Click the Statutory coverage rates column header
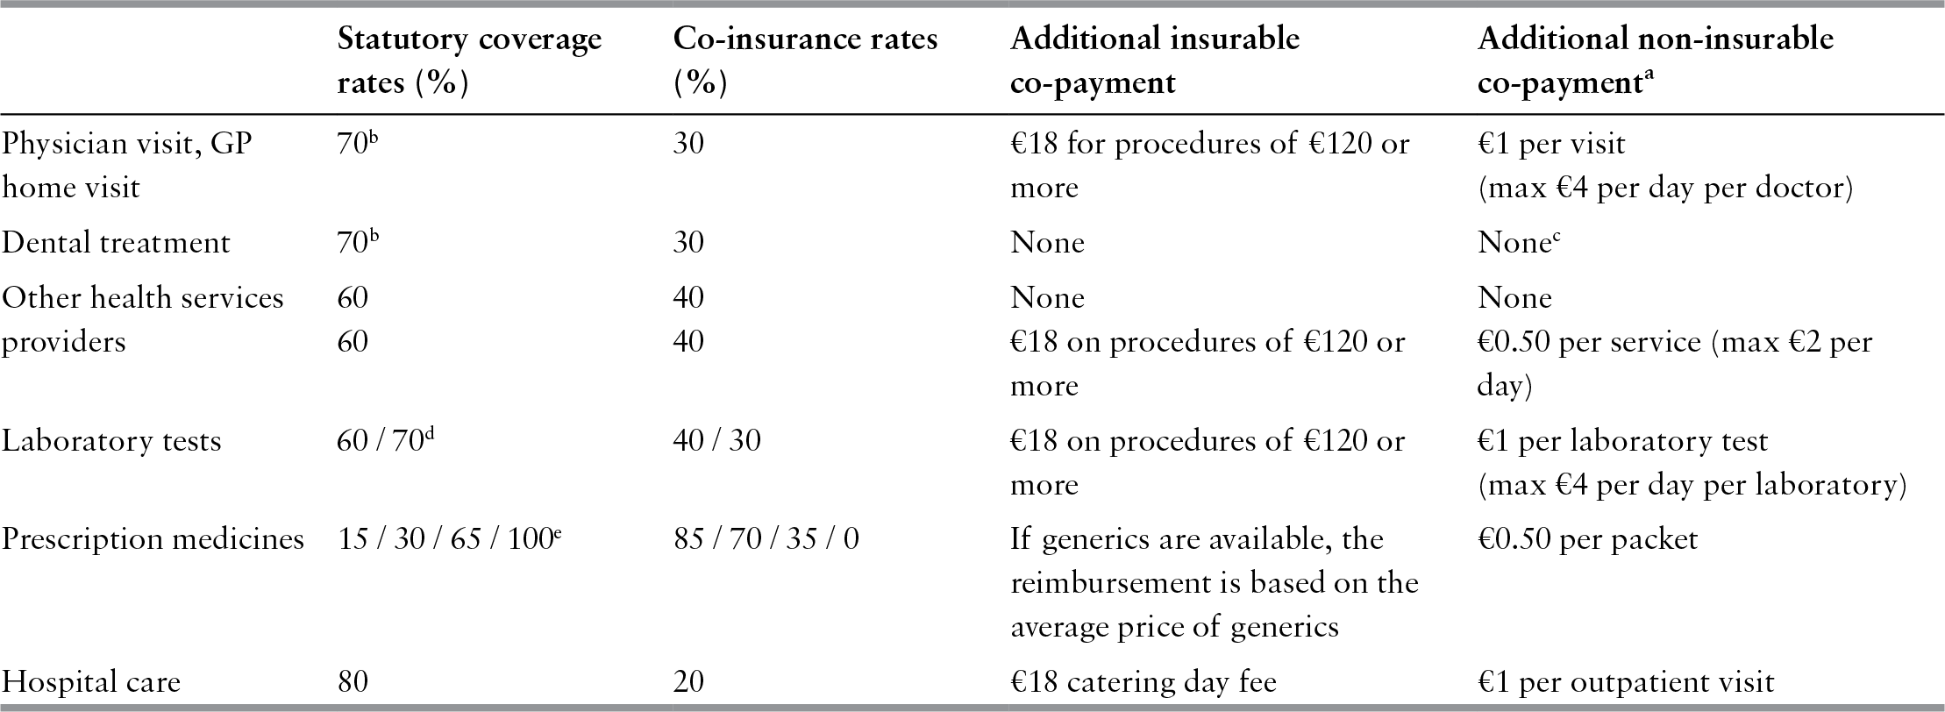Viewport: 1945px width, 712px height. tap(469, 61)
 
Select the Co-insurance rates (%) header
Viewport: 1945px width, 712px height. tap(804, 61)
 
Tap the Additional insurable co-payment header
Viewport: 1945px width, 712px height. tap(1154, 61)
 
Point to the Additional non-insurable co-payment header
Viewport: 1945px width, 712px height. tap(1655, 61)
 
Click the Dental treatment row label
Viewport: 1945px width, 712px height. tap(115, 243)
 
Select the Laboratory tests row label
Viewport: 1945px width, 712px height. tap(110, 440)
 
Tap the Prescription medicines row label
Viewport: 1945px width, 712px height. tap(153, 538)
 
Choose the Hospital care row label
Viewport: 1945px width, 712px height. tap(90, 682)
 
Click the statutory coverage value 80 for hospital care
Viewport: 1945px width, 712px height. tap(353, 682)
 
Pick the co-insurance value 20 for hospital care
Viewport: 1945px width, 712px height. tap(688, 682)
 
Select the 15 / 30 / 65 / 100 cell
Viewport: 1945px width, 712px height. tap(448, 538)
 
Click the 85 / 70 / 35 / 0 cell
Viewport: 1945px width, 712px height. tap(766, 538)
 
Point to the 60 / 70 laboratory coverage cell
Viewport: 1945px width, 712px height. tap(384, 440)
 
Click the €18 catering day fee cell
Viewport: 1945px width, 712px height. tap(1143, 682)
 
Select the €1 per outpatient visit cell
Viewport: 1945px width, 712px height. tap(1626, 682)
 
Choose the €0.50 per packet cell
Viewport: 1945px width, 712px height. tap(1587, 538)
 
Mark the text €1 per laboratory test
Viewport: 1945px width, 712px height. tap(1622, 440)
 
